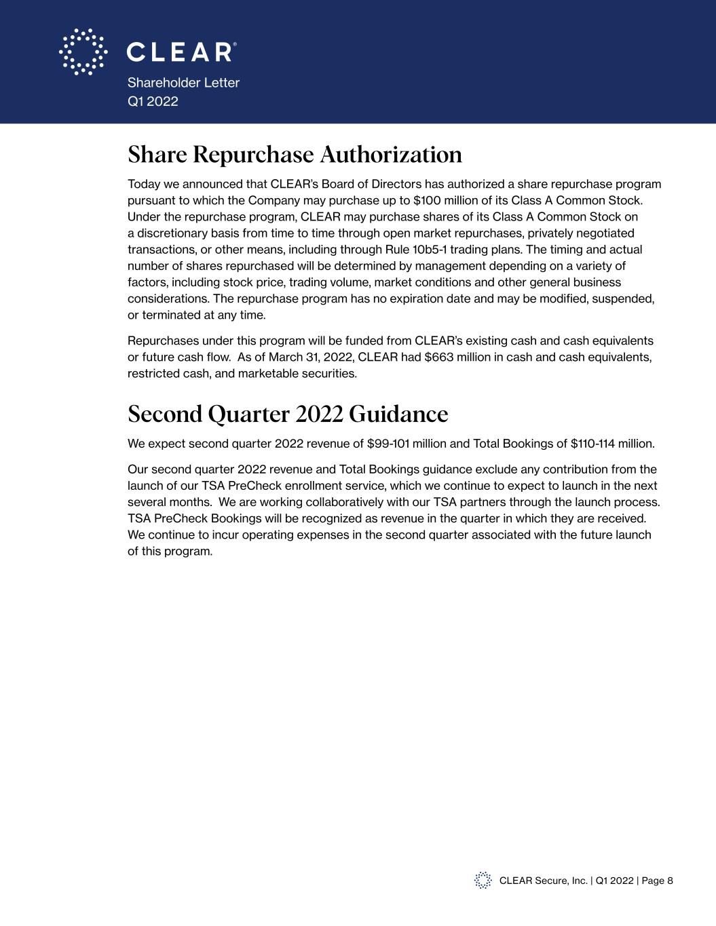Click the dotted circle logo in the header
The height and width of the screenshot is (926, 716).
pos(83,52)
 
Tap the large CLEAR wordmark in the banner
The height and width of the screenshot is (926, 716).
pos(181,52)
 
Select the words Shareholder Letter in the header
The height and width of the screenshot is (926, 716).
pos(183,83)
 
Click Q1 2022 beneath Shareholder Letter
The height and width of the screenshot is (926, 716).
pos(153,102)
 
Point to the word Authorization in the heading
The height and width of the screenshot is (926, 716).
pos(391,155)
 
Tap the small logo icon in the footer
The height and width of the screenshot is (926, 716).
pos(483,881)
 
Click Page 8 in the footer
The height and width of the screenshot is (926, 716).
pos(657,881)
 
